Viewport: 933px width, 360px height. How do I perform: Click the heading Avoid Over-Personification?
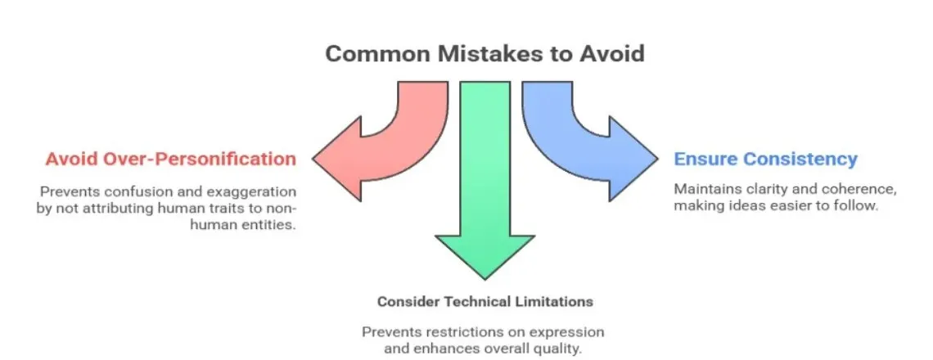pos(170,159)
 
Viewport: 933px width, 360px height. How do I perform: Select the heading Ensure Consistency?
pos(765,159)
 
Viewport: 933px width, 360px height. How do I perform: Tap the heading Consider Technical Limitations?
pos(485,301)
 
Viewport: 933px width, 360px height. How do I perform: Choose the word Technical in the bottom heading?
pos(484,301)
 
